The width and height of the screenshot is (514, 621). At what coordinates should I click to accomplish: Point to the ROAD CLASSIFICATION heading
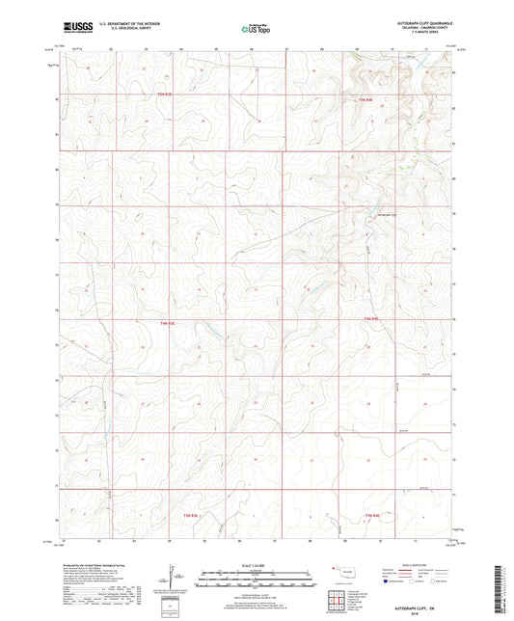click(419, 566)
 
